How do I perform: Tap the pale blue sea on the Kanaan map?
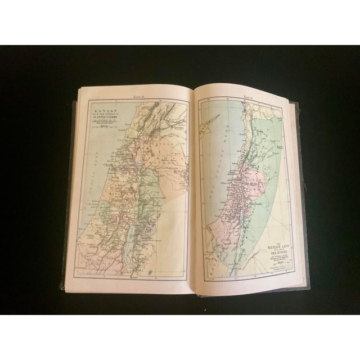pos(90,186)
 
